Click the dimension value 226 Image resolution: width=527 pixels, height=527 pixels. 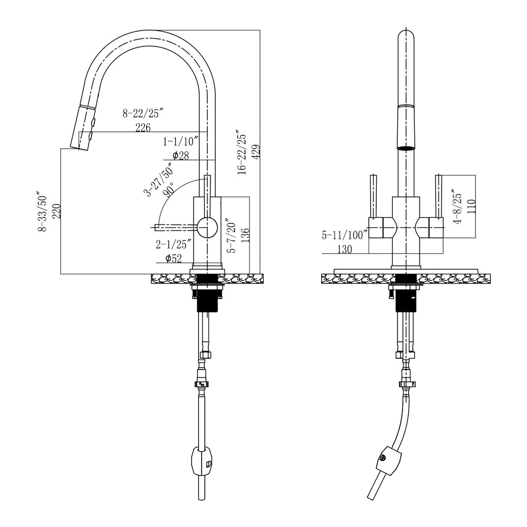point(143,128)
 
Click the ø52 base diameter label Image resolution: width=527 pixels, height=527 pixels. point(173,258)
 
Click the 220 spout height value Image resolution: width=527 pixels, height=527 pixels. point(57,211)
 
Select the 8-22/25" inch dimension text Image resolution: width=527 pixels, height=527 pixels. point(143,113)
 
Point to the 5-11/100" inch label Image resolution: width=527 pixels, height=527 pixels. point(344,235)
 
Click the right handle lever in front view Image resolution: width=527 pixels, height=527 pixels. point(439,196)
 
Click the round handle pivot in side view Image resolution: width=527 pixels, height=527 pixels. point(207,226)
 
